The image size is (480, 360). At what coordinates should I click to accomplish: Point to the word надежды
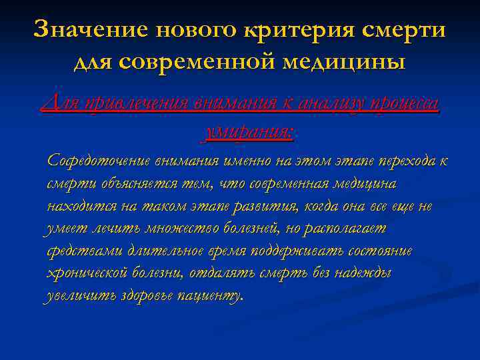[366, 273]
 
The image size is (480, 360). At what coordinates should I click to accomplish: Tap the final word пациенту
[211, 296]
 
